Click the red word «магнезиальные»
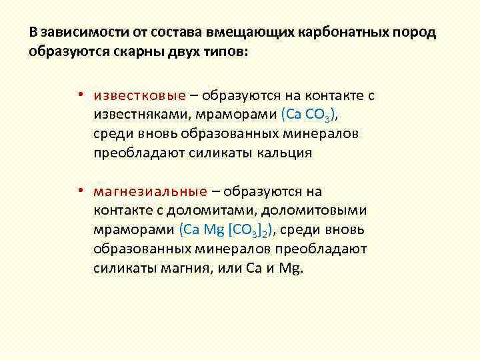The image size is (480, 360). click(x=151, y=192)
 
